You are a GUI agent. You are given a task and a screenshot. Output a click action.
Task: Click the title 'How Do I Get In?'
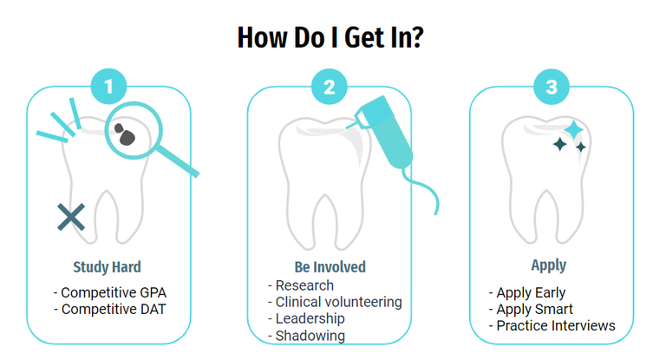(330, 37)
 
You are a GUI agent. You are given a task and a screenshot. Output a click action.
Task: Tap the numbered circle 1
(109, 87)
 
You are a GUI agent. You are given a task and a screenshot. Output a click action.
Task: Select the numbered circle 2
(330, 87)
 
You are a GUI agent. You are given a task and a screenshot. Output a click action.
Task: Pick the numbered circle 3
(552, 87)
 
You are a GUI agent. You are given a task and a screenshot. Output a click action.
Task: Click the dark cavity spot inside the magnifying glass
(127, 134)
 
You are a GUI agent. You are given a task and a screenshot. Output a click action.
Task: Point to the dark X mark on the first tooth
(71, 217)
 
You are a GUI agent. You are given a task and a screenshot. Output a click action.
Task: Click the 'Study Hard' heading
(107, 266)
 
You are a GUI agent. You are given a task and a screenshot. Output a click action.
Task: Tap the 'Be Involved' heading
(330, 266)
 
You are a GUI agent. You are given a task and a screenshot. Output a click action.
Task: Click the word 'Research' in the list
(304, 285)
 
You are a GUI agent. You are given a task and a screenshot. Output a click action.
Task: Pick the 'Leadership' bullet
(309, 318)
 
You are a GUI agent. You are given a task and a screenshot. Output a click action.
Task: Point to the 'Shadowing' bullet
(310, 335)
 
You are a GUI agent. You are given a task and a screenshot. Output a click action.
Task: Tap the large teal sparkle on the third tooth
(572, 130)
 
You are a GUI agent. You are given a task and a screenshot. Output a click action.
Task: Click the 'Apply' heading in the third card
(548, 265)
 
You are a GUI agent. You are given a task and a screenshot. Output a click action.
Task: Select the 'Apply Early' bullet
(530, 292)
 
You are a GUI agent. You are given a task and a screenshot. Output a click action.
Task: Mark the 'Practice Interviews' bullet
(555, 325)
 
